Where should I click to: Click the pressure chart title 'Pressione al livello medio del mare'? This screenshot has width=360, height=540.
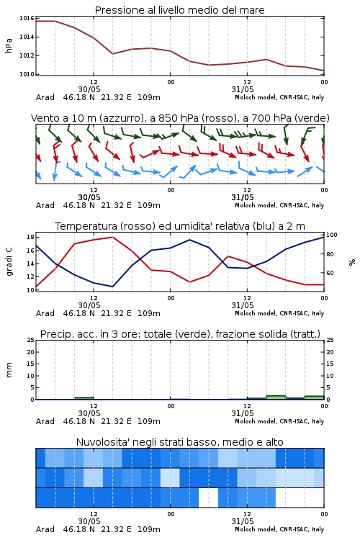click(179, 10)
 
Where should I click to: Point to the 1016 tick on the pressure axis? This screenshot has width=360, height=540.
click(27, 18)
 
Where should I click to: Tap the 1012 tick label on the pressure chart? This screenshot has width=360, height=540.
click(27, 55)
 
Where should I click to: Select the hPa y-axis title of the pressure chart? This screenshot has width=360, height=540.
click(9, 45)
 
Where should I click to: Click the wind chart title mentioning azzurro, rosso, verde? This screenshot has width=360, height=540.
click(180, 118)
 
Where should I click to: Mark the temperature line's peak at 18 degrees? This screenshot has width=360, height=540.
click(112, 237)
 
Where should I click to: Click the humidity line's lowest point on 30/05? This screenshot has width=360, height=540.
click(112, 287)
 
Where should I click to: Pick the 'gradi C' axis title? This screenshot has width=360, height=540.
click(9, 261)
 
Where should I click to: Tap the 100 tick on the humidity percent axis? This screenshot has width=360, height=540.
click(332, 235)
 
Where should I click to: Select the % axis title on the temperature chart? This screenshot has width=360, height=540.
click(352, 262)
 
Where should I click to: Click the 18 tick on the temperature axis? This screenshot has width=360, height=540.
click(30, 237)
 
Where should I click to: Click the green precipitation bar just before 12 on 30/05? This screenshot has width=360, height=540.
click(84, 398)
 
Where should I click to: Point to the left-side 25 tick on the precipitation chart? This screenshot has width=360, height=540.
click(30, 340)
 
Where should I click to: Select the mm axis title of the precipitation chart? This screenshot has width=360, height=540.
click(9, 370)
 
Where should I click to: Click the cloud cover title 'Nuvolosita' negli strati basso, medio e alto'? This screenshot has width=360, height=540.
click(179, 442)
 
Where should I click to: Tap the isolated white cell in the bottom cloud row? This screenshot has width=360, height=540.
click(208, 498)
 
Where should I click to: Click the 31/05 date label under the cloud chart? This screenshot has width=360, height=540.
click(242, 521)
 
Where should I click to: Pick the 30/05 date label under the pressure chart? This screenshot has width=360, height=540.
click(89, 89)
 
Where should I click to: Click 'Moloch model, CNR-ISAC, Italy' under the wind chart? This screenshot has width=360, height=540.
click(279, 205)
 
